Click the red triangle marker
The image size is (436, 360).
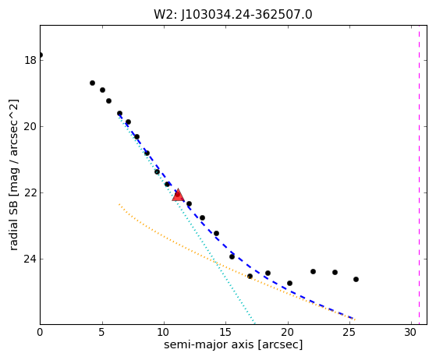coord(178,195)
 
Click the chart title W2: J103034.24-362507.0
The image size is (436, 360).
coord(233,15)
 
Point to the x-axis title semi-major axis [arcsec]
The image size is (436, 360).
coord(233,344)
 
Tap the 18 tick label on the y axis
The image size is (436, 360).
coord(30,60)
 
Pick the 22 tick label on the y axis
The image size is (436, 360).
coord(30,192)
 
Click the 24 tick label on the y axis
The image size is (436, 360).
coord(30,259)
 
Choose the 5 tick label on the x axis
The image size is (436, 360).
coord(101,332)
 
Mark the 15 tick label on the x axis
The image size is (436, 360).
coord(225,332)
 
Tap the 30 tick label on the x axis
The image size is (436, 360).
coord(411,332)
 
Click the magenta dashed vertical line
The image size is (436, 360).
coord(419,175)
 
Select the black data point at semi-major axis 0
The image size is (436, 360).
coord(41,55)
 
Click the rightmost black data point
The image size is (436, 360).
coord(356,279)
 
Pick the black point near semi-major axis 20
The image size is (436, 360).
coord(289,283)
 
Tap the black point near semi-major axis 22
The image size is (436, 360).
coord(313,271)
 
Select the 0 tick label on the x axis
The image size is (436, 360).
coord(40,332)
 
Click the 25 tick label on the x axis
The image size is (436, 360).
coord(349,332)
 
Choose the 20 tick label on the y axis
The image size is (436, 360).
coord(30,126)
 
